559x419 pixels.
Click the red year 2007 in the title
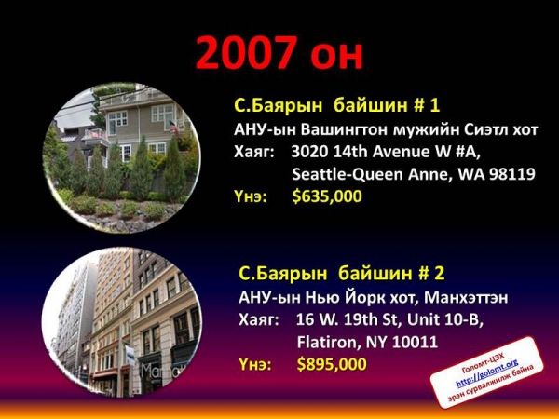(247, 53)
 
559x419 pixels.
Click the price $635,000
(327, 196)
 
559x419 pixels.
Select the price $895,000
(332, 364)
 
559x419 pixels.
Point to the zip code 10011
(415, 342)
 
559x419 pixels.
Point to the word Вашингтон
(344, 129)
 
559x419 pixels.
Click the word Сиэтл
(486, 129)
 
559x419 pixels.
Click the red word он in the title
(337, 57)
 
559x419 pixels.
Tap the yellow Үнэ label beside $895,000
(254, 364)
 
